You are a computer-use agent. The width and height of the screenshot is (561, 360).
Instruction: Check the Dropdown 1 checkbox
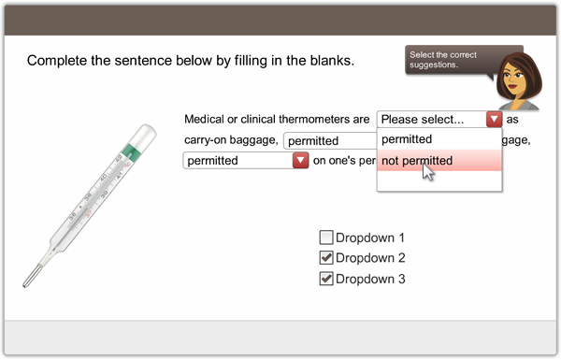pos(326,238)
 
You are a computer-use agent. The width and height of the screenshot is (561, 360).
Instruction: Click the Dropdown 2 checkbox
pos(326,258)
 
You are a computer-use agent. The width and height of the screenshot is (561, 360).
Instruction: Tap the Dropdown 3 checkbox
pos(326,279)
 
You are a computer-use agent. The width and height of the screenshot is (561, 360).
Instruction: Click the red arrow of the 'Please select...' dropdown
pos(494,119)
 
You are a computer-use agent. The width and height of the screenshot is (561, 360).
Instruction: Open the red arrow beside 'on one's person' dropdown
pos(300,160)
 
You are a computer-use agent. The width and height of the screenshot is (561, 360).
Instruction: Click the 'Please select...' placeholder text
pos(423,119)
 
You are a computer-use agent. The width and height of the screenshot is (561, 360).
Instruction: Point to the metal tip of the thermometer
pos(31,276)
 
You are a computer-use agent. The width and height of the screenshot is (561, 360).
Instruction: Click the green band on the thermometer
pos(131,152)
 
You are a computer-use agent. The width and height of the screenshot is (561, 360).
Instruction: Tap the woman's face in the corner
pos(515,79)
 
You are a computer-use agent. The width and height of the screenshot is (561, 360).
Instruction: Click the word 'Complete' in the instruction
pos(57,61)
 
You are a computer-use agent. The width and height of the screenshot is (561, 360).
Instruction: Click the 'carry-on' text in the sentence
pos(204,140)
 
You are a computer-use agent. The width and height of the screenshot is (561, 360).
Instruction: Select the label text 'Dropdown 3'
pos(370,279)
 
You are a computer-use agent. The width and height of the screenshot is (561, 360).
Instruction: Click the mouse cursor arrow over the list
pos(428,172)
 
